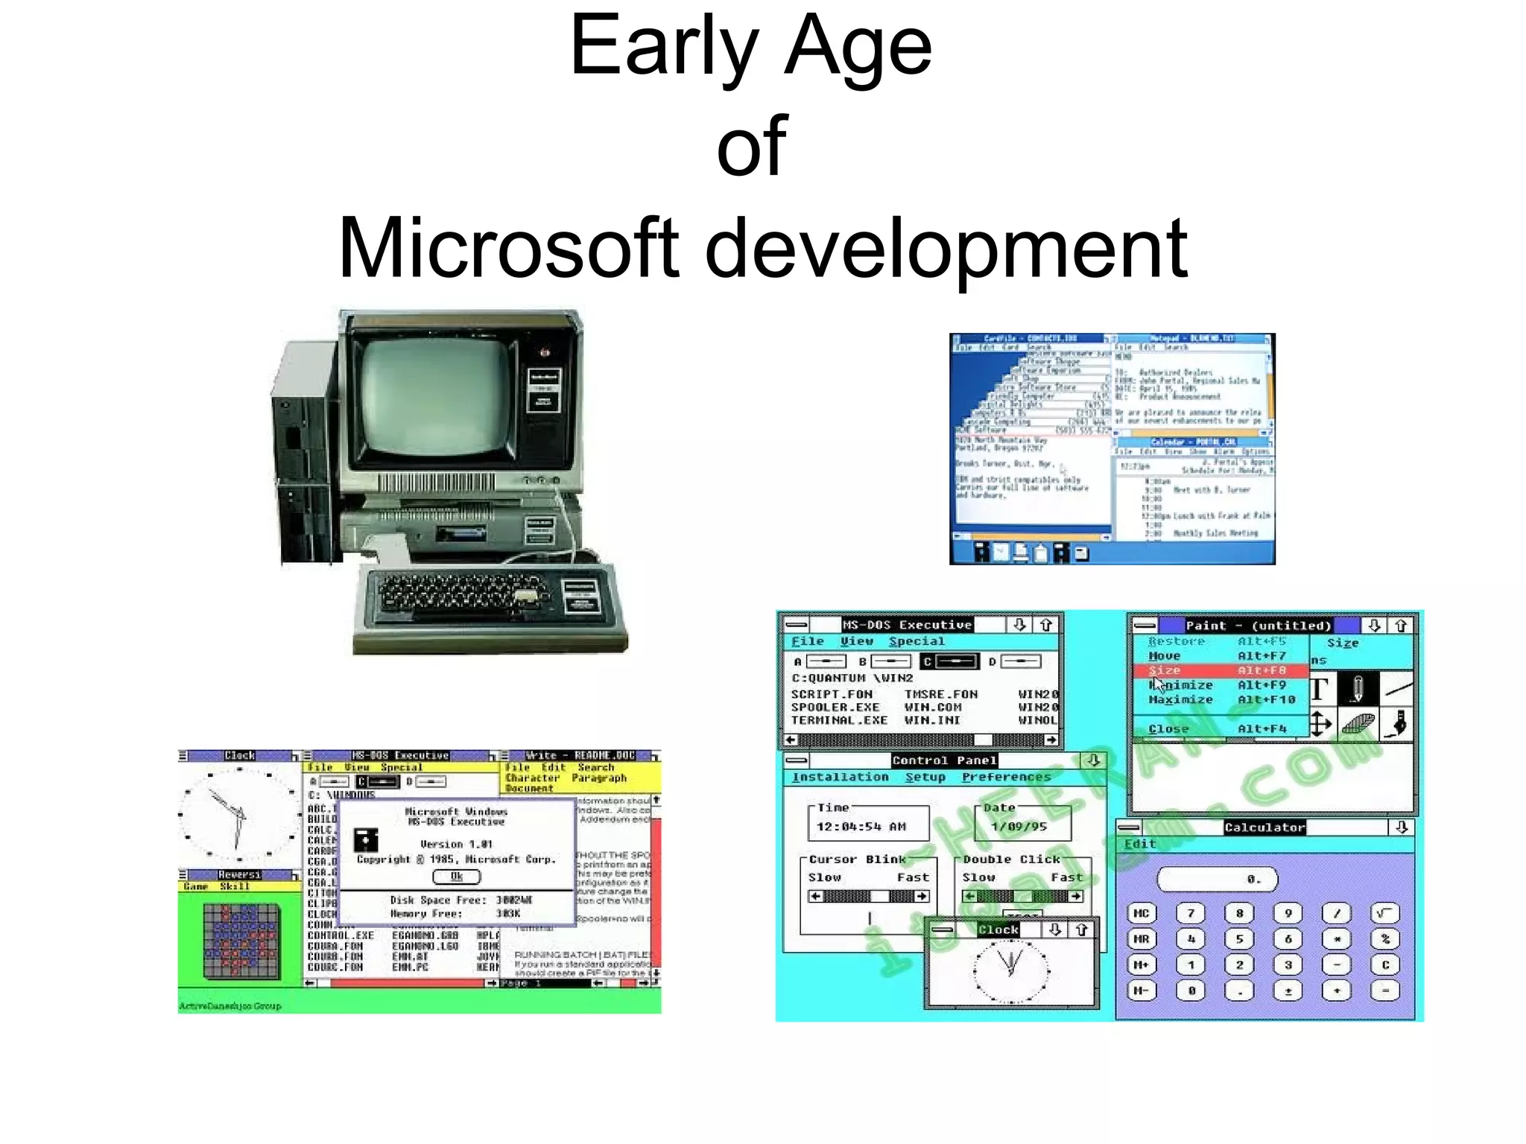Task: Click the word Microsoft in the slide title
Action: point(508,247)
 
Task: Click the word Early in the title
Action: point(663,46)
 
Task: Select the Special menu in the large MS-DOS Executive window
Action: point(916,641)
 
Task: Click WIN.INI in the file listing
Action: point(932,720)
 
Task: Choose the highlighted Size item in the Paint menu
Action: point(1164,670)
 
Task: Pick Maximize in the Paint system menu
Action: point(1180,699)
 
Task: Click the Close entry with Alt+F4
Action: point(1168,728)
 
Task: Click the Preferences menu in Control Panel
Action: point(1006,777)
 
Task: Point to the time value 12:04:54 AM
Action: point(861,826)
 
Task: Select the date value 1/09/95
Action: point(1019,826)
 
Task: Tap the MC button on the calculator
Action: point(1141,913)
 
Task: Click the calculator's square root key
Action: point(1384,913)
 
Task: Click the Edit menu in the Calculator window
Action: point(1139,844)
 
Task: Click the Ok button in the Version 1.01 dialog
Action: point(456,877)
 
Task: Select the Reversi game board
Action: point(241,940)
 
